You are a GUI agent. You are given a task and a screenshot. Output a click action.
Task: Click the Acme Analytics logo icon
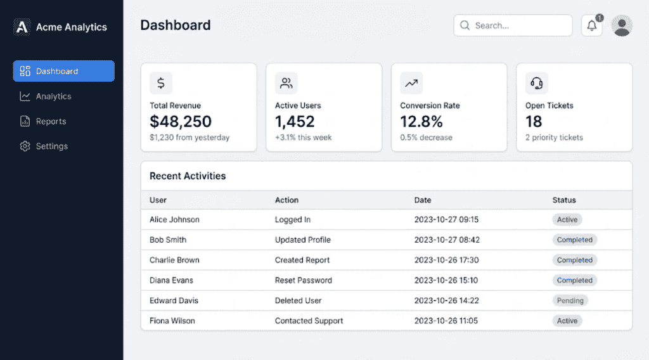pos(22,27)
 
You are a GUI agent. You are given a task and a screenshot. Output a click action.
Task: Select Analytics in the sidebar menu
pos(53,96)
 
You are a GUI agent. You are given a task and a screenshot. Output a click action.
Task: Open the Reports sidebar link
pos(51,121)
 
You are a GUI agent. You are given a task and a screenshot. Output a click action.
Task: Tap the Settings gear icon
pos(25,146)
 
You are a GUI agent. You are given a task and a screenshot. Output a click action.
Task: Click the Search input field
pos(513,25)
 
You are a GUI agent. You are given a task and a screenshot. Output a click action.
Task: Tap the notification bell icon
pos(592,25)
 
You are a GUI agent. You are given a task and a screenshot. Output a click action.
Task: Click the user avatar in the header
pos(622,25)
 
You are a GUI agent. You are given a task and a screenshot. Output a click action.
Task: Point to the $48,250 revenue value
pos(181,121)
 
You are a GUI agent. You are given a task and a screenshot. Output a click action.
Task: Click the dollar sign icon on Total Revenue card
pos(161,83)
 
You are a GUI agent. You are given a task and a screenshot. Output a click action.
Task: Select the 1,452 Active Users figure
pos(295,121)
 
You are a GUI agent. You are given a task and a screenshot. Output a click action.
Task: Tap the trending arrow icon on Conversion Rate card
pos(411,83)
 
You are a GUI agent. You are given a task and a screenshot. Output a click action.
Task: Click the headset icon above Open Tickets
pos(536,83)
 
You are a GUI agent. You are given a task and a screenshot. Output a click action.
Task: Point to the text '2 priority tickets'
pos(554,138)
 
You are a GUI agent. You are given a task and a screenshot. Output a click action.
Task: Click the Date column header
pos(423,200)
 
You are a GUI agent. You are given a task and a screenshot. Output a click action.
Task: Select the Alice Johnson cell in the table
pos(174,219)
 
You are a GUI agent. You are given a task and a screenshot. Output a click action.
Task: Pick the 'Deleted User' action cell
pos(298,300)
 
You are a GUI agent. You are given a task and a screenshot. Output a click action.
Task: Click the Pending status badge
pos(570,300)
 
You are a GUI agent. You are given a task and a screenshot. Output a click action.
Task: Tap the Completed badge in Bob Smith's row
pos(574,240)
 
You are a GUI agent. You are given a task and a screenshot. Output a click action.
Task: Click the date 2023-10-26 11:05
pos(446,321)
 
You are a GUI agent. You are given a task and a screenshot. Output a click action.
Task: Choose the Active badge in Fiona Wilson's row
pos(567,321)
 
